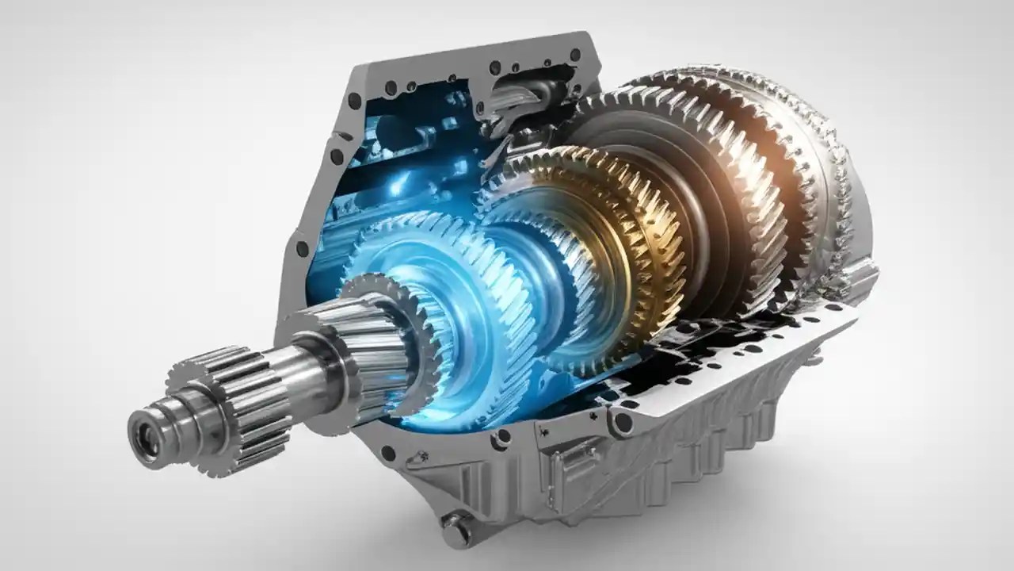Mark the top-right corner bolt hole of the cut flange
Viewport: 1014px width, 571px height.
[575, 55]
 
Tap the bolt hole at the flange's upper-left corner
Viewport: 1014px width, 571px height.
[354, 101]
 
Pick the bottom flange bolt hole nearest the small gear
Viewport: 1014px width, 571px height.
[387, 453]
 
